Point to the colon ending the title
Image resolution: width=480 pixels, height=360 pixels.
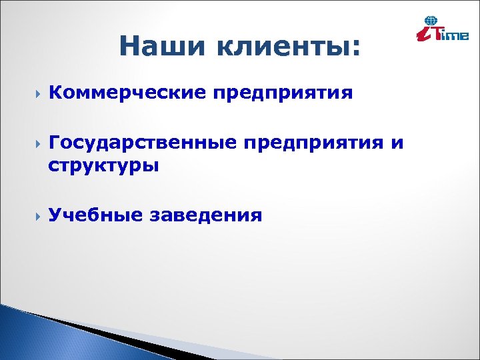[355, 48]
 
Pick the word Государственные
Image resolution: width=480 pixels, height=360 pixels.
[143, 142]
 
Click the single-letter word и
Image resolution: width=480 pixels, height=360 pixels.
[398, 142]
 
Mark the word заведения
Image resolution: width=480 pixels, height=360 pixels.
[207, 215]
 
